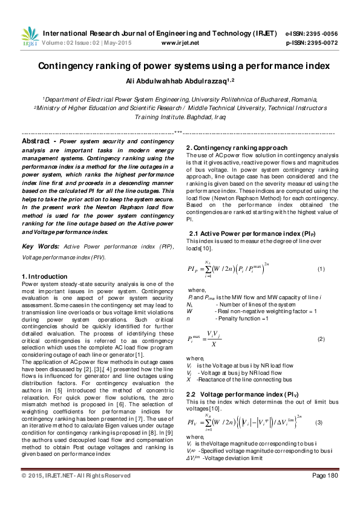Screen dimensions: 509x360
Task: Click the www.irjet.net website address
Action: [x=180, y=43]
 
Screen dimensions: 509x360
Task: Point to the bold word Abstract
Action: [x=35, y=140]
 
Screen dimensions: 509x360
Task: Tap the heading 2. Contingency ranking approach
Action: [x=237, y=148]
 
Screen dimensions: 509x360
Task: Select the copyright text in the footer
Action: [x=76, y=492]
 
